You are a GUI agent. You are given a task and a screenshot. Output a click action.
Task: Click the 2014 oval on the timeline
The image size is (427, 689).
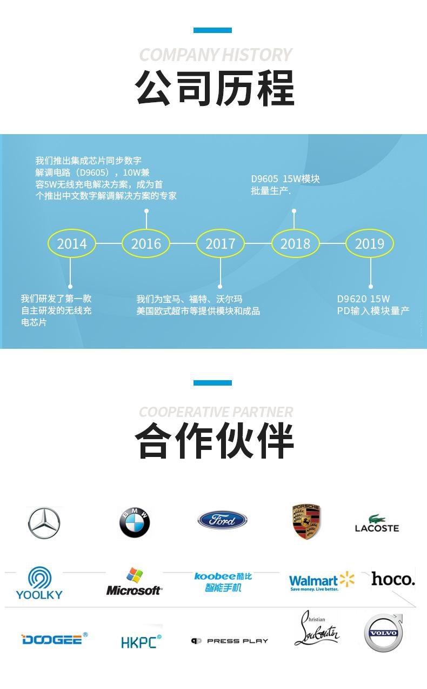point(72,243)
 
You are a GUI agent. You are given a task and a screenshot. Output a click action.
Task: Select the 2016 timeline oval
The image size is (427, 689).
point(146,243)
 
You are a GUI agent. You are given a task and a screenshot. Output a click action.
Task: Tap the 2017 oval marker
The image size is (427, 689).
point(220,243)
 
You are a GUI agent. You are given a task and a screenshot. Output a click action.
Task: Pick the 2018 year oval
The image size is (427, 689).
point(295,243)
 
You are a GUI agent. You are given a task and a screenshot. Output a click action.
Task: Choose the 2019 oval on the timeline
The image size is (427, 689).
point(369,243)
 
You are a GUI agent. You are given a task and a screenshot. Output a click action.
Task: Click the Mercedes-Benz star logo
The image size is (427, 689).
point(44,523)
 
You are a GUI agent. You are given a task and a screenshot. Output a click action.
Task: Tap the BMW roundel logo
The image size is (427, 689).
point(134,523)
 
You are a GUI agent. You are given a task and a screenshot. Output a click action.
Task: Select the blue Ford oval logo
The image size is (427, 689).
point(222,520)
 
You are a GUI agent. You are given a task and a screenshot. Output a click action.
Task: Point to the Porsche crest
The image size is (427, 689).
point(306,522)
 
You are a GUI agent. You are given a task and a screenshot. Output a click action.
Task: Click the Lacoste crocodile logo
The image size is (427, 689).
point(377,523)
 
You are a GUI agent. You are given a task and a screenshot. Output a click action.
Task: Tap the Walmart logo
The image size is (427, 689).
point(322,582)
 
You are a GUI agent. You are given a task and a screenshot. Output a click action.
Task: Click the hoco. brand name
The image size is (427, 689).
point(393,579)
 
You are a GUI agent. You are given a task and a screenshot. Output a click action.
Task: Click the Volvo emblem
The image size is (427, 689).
point(383,633)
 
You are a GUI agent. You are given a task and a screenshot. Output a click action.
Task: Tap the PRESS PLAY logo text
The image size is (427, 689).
point(230,641)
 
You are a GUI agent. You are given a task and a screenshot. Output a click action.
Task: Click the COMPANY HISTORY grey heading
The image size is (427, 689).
point(215,55)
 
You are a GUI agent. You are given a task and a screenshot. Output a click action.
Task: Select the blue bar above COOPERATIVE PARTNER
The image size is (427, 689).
point(212,383)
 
